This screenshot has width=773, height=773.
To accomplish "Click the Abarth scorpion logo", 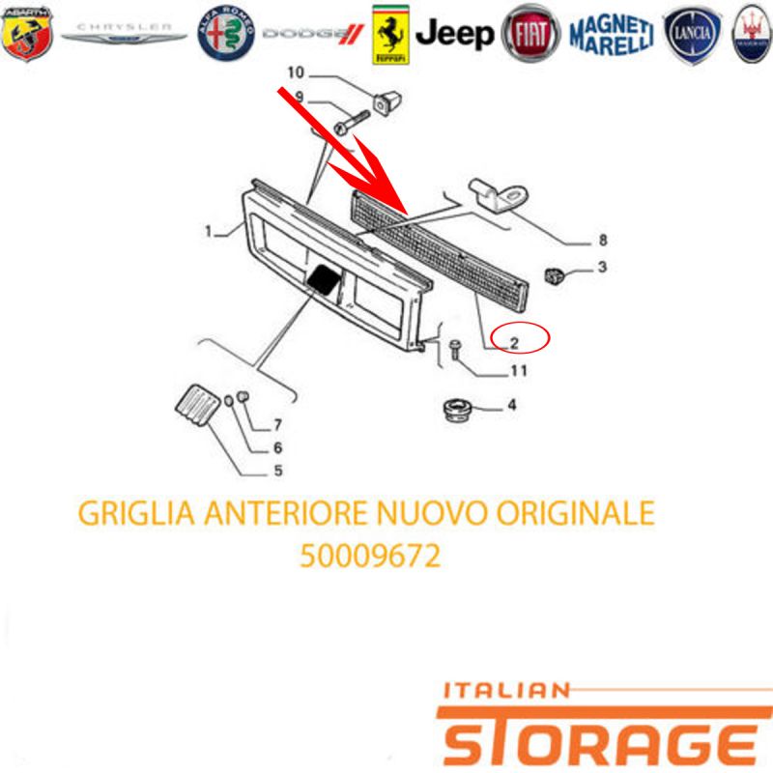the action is pos(27,34).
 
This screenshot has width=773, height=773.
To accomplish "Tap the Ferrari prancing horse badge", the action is pos(390,35).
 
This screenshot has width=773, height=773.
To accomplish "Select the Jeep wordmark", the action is pos(454,35).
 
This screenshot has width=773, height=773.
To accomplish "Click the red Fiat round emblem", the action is pos(530,34).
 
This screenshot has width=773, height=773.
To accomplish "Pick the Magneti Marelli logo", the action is pos(612,35).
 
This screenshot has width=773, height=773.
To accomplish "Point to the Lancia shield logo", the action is pos(692,35).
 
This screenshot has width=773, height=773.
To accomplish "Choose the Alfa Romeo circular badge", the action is pos(226,34).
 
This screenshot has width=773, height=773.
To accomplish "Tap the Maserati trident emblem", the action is pos(752,34).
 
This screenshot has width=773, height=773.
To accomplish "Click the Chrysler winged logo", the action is pos(124,33).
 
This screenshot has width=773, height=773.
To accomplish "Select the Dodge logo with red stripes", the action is pos(313,34).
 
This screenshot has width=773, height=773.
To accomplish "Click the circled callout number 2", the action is pos(514,343).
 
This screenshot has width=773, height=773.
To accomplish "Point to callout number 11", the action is pos(519,370).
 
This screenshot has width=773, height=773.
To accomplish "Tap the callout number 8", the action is pos(603,240).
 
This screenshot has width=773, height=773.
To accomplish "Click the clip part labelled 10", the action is pos(387,102).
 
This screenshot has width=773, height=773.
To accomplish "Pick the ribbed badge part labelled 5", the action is pos(198,405).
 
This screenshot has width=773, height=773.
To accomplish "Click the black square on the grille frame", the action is pos(325,280).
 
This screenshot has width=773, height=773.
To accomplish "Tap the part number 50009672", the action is pos(370,557).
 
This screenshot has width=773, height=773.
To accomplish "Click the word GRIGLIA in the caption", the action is pos(136,513).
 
